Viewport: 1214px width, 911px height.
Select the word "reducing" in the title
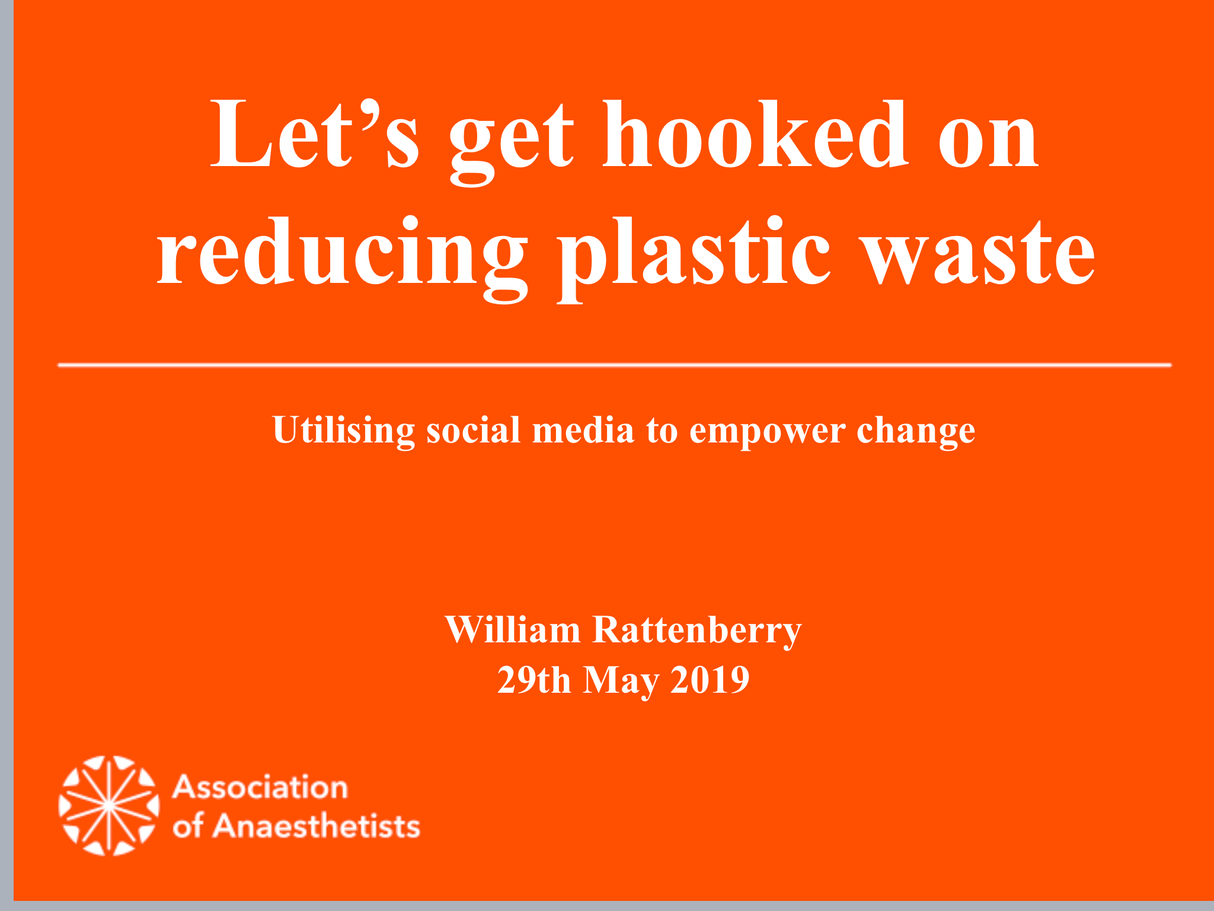[x=341, y=257]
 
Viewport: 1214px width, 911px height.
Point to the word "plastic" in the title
[x=694, y=257]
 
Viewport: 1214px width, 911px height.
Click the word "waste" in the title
[x=978, y=257]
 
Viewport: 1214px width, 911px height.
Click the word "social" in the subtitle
[x=474, y=429]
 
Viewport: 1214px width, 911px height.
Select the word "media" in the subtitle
[x=583, y=429]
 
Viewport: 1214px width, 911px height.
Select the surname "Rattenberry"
[x=697, y=631]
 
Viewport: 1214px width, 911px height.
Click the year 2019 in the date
[x=710, y=680]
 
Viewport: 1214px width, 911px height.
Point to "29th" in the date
[x=534, y=680]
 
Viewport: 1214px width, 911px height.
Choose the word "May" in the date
[x=621, y=682]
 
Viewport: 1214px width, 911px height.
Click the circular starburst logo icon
[x=109, y=805]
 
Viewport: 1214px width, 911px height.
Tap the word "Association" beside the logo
[x=260, y=788]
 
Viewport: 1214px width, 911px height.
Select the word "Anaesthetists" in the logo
[x=317, y=826]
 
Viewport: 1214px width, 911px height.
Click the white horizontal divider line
[x=614, y=365]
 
